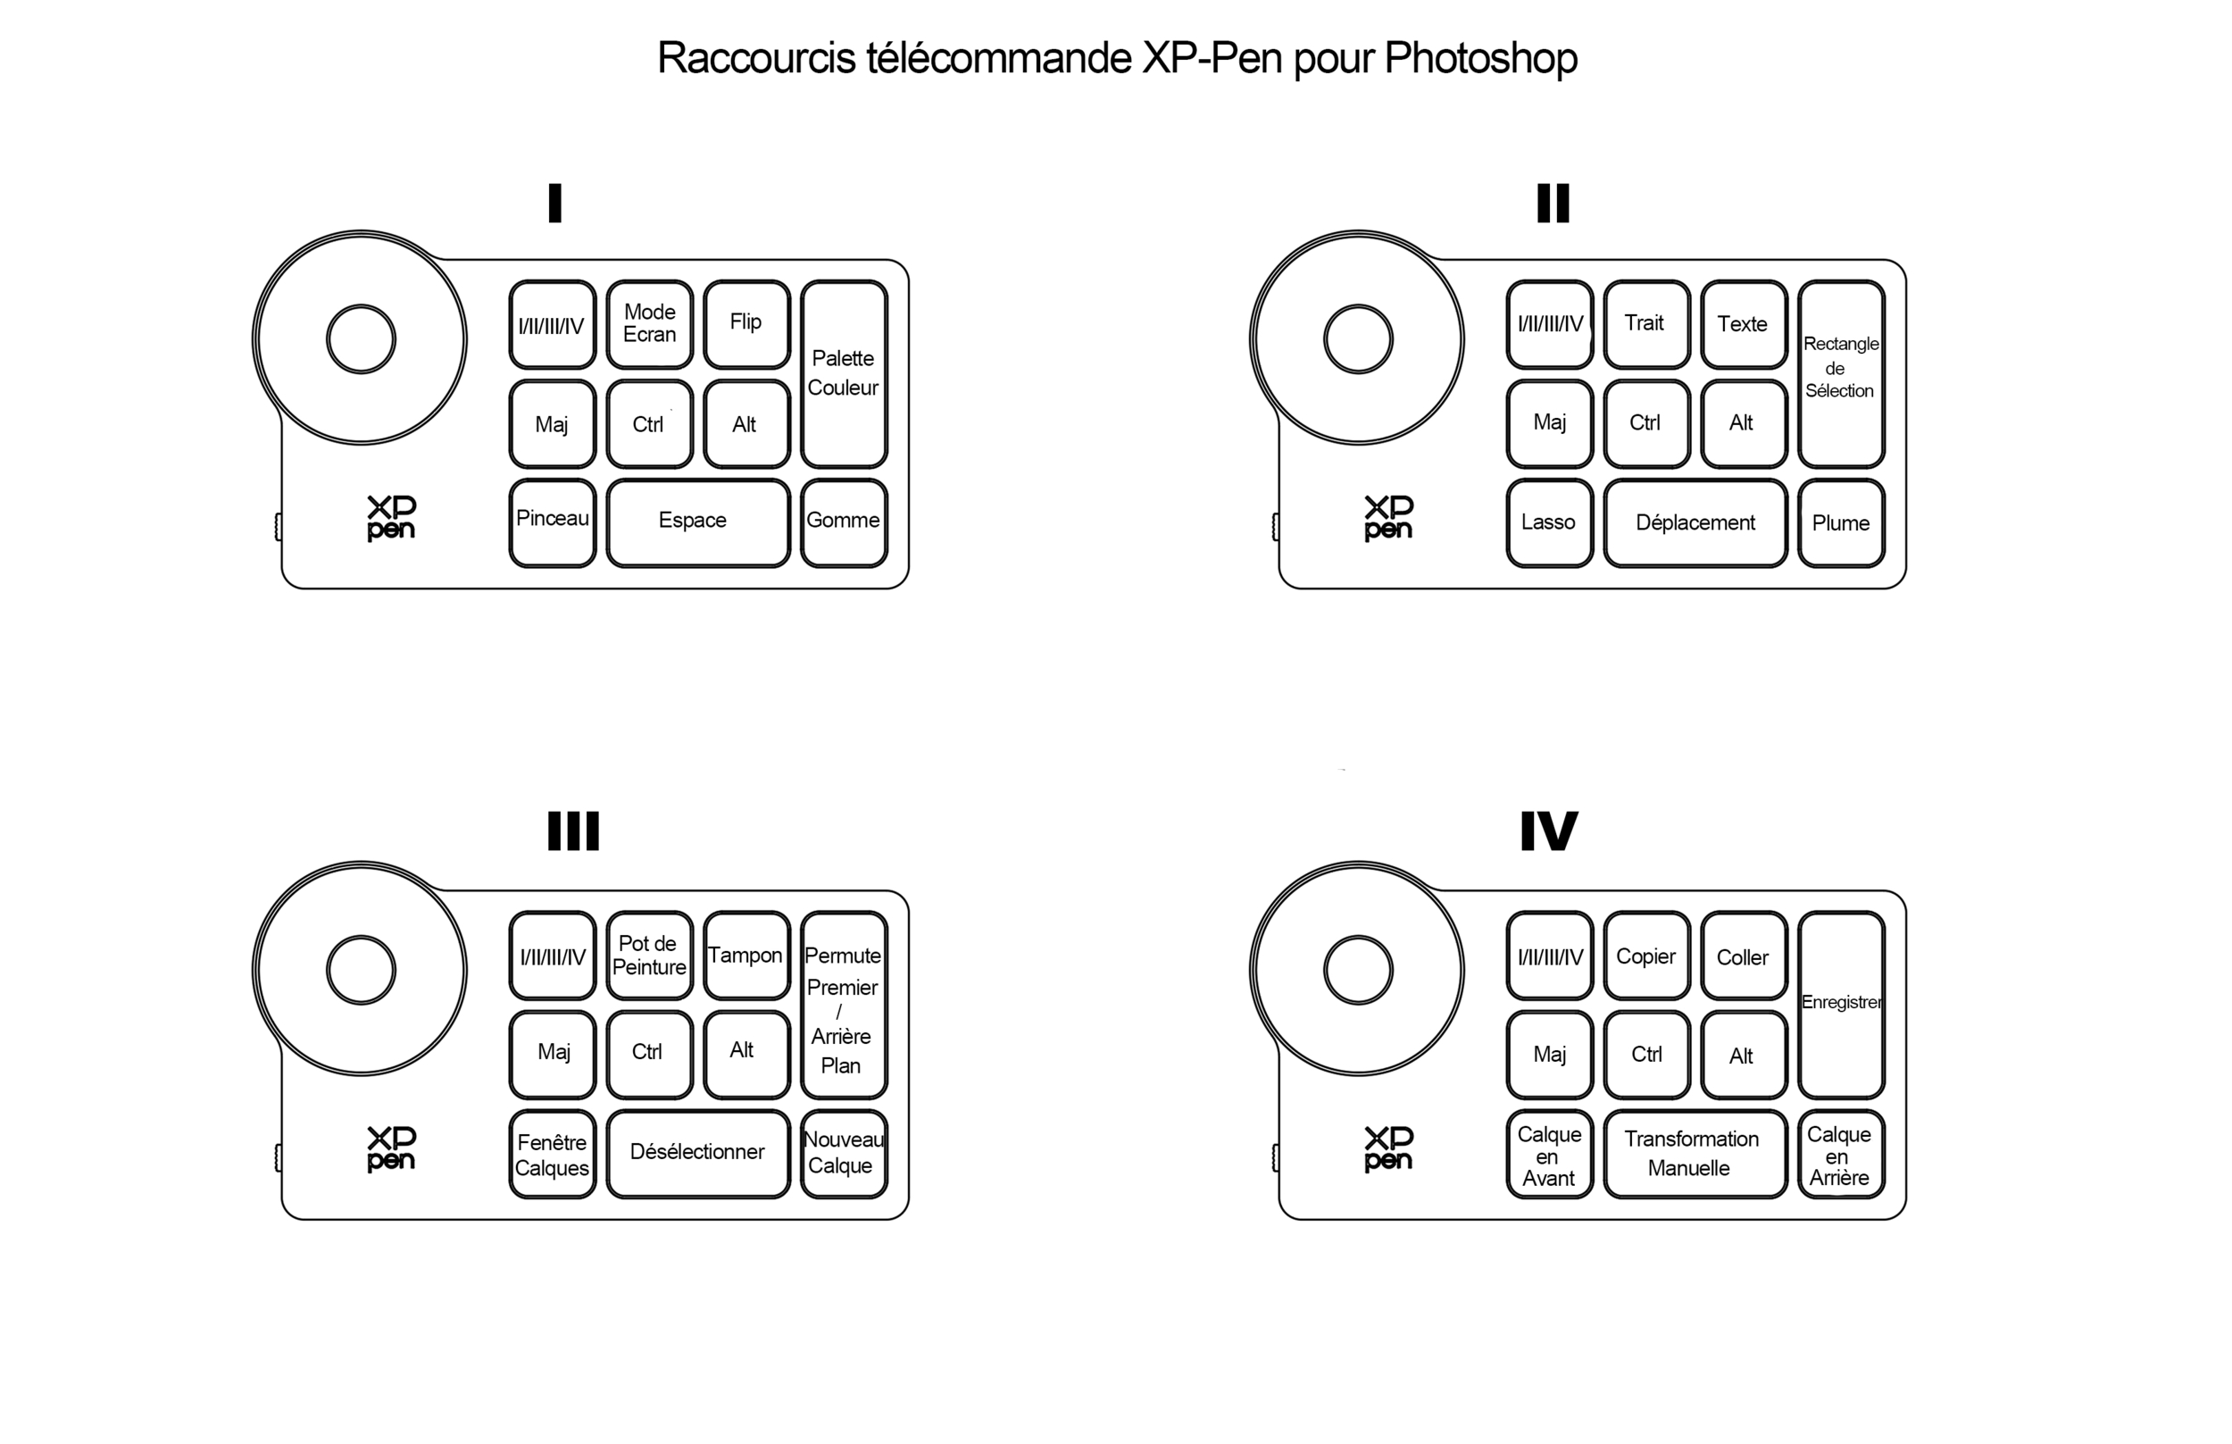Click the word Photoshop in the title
(x=1480, y=58)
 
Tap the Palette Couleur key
(x=843, y=373)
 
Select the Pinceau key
(x=552, y=522)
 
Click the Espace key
(x=697, y=522)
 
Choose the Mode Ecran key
(x=649, y=323)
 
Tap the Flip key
(x=746, y=323)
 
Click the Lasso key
(x=1549, y=522)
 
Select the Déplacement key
(x=1695, y=522)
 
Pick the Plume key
(x=1840, y=522)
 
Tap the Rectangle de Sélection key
(x=1840, y=373)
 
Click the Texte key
(x=1743, y=323)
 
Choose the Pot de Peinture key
(x=649, y=955)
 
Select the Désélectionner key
(x=697, y=1152)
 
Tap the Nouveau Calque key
(x=843, y=1152)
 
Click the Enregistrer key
(x=1840, y=1004)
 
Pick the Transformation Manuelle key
(x=1695, y=1152)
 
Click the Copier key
(x=1646, y=955)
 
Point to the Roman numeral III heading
(x=573, y=831)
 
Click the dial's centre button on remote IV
(x=1357, y=970)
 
